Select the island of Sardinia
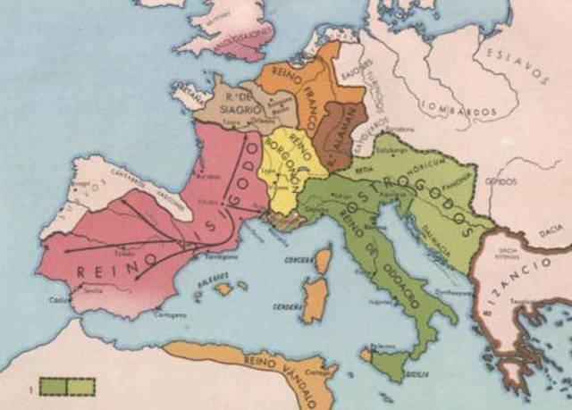(x=313, y=298)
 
